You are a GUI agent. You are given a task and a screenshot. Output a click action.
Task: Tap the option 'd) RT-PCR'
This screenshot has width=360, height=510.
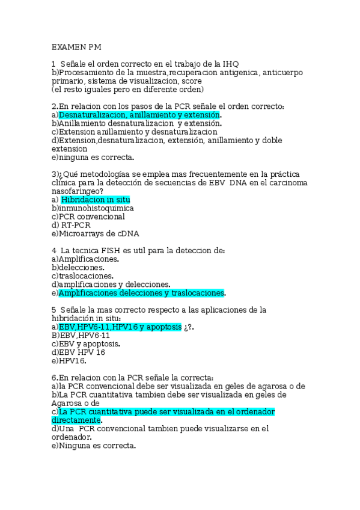point(71,225)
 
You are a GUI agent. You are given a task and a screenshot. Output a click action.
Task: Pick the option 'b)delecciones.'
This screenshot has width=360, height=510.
point(78,267)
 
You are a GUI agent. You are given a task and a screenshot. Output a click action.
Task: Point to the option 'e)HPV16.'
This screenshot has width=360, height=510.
point(69,361)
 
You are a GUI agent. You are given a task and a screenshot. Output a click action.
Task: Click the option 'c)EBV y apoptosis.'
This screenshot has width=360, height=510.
point(85,344)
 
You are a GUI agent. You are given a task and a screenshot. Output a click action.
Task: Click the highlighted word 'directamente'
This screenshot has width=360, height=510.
point(76,420)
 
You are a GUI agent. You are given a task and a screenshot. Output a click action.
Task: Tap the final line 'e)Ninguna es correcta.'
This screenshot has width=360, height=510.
point(94,446)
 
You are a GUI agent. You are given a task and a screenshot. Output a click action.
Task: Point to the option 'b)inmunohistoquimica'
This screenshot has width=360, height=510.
point(93,208)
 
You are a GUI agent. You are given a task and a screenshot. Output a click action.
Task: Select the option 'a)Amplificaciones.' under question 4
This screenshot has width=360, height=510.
point(85,259)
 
